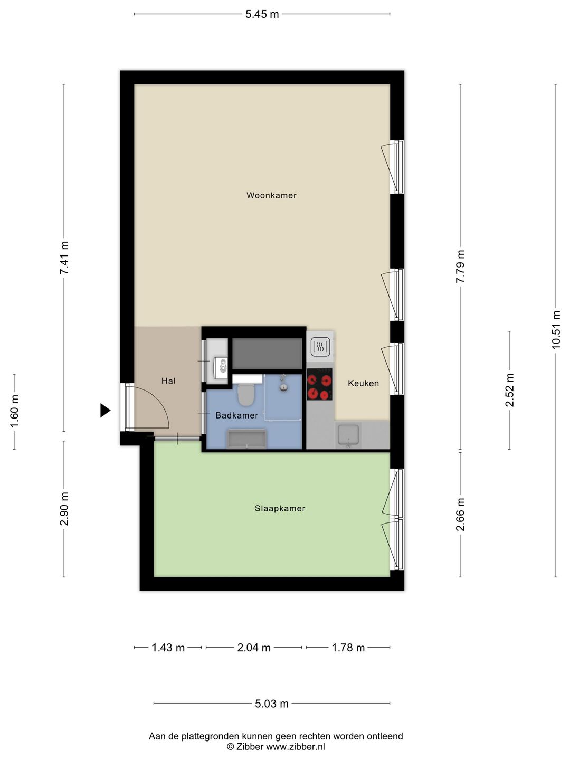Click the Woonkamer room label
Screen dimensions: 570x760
(271, 195)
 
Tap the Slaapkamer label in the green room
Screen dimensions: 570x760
(280, 508)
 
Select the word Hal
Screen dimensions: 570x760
(168, 381)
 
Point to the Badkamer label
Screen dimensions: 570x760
(237, 415)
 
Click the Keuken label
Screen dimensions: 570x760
(364, 383)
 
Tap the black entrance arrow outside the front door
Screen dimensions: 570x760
(105, 410)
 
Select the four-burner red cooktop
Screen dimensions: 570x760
(319, 384)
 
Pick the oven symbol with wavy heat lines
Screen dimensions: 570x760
(321, 346)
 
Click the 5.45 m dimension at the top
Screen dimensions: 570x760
(262, 14)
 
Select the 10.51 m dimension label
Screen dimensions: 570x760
(556, 329)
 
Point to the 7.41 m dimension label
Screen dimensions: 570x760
(64, 258)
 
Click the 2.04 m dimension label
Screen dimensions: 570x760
(254, 647)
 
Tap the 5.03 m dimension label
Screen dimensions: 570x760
(272, 704)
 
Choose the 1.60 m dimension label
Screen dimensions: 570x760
(15, 411)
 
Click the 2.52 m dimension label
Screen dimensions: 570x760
(509, 390)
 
